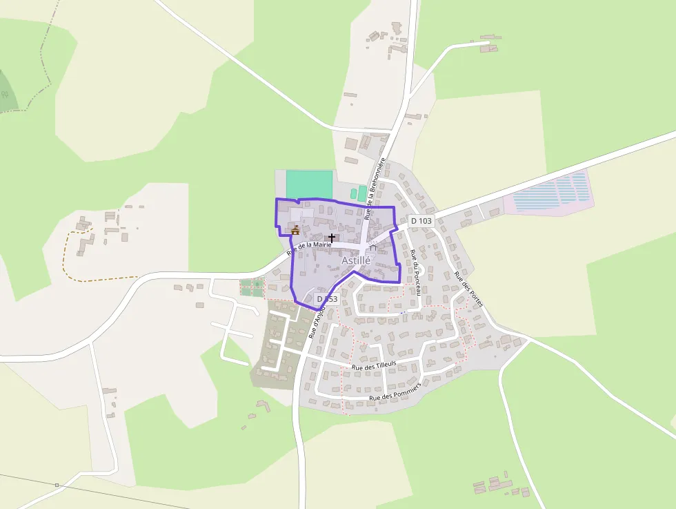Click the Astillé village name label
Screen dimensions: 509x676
pos(356,260)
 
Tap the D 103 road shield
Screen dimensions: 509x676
pos(421,220)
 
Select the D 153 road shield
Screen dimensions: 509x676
pos(327,299)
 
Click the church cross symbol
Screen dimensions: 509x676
pos(332,237)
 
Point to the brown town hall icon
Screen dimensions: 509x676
pos(295,230)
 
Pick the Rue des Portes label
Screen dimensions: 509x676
pos(469,289)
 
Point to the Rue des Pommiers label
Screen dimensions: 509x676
pos(395,393)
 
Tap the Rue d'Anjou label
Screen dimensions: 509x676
pos(316,322)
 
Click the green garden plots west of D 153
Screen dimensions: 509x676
pos(252,287)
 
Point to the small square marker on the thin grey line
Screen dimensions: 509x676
pos(57,485)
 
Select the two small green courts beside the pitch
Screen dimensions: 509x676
pos(358,193)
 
